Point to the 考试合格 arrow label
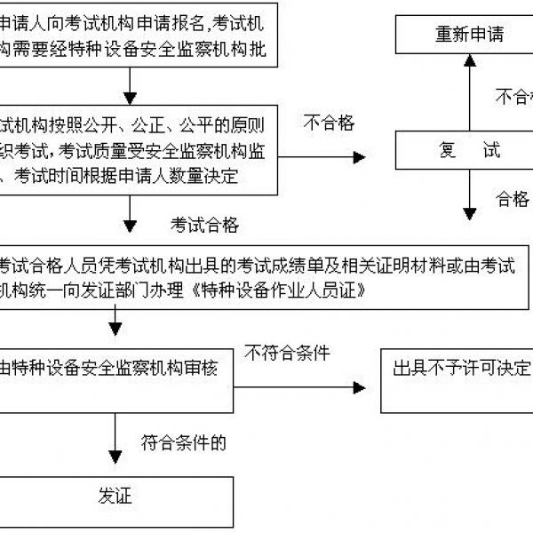point(204,226)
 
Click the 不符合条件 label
point(283,354)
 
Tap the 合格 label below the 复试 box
point(512,198)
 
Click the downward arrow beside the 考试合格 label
point(131,213)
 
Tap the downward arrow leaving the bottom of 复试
point(469,195)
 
